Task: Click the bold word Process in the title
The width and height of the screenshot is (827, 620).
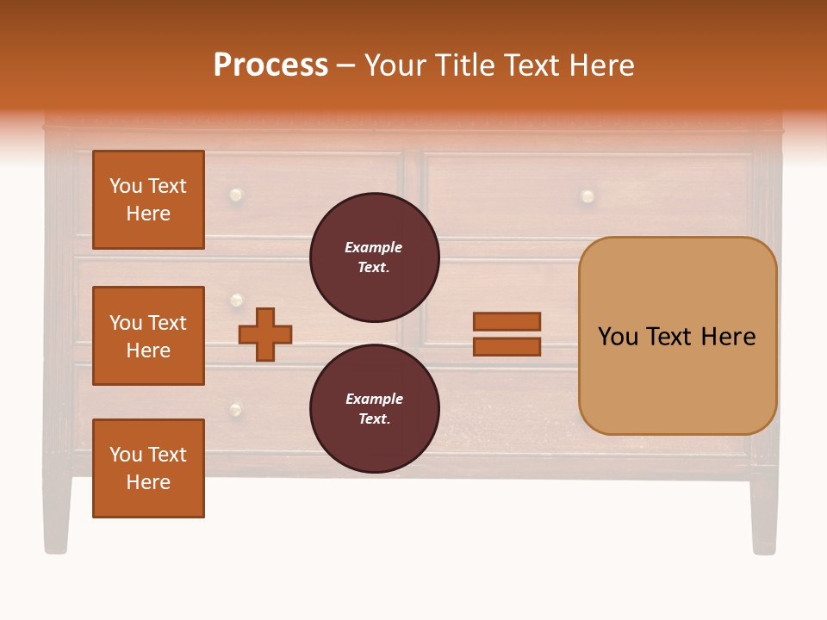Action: [270, 65]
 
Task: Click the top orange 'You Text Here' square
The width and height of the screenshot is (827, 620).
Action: [148, 200]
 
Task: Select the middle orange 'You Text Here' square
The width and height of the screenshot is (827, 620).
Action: [148, 336]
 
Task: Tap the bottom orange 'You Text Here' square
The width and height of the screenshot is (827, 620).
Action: [148, 468]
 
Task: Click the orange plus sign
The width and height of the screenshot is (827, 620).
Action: [265, 334]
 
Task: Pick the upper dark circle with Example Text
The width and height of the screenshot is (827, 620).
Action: [374, 257]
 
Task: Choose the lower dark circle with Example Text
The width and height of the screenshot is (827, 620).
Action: [374, 409]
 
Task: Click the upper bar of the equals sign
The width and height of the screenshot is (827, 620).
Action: [507, 321]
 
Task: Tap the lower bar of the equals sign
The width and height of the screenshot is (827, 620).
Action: [507, 347]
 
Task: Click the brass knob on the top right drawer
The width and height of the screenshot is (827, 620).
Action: [588, 196]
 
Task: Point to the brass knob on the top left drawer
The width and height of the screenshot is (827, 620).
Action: [235, 195]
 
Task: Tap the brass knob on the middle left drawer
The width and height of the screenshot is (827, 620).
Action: [236, 301]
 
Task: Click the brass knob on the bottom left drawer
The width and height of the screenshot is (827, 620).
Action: [235, 409]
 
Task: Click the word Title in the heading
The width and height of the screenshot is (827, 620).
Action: [466, 65]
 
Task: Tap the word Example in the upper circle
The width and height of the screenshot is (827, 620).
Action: [374, 247]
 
